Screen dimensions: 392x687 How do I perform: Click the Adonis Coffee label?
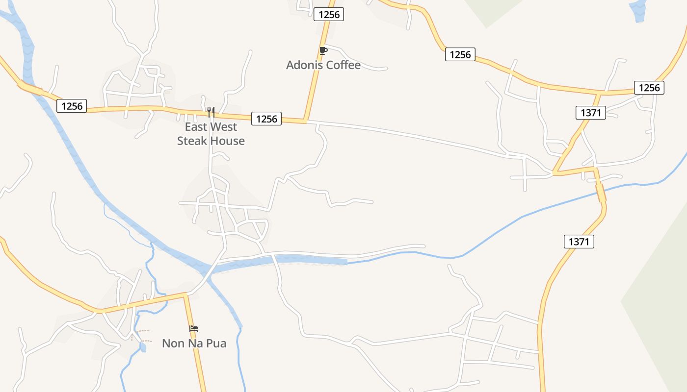(x=323, y=65)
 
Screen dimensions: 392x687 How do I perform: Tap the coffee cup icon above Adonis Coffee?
(x=322, y=50)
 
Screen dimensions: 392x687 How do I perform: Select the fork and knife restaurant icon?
(x=211, y=112)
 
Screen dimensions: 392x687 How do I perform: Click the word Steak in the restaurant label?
(x=193, y=141)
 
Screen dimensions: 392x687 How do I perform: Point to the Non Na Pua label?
(x=194, y=343)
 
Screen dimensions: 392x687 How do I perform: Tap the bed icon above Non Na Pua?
(x=194, y=329)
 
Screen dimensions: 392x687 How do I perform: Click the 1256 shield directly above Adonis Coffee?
(x=329, y=14)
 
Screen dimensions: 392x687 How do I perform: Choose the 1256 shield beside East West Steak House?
(x=266, y=119)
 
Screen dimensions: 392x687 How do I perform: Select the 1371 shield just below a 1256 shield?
(x=591, y=113)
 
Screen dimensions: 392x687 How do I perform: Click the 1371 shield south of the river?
(x=579, y=241)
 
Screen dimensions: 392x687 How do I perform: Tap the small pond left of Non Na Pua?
(x=143, y=347)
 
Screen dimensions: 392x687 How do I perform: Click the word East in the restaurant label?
(x=196, y=127)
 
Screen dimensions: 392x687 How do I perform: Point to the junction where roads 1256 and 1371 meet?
(x=601, y=92)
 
